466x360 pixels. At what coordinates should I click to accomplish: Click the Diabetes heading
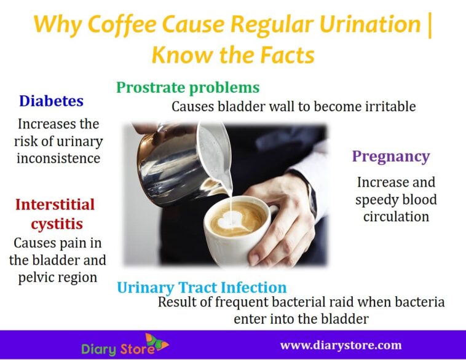pyautogui.click(x=51, y=101)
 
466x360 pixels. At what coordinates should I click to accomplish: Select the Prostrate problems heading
pyautogui.click(x=188, y=87)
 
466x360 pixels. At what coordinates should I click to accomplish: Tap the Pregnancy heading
pyautogui.click(x=390, y=156)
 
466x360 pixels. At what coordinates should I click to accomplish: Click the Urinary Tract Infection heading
pyautogui.click(x=202, y=287)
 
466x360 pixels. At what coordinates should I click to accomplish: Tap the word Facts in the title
pyautogui.click(x=283, y=55)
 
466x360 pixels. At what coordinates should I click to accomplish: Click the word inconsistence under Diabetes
pyautogui.click(x=58, y=158)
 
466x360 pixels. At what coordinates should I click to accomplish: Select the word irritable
pyautogui.click(x=387, y=107)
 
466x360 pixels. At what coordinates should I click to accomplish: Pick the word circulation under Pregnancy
pyautogui.click(x=396, y=216)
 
